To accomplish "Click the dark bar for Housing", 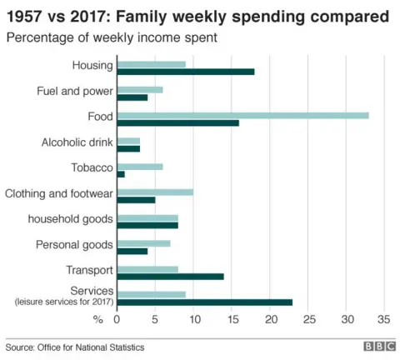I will [x=186, y=72].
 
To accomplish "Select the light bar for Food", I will [x=242, y=115].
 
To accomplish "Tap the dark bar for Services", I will [x=205, y=302].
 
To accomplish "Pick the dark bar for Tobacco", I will [x=121, y=174].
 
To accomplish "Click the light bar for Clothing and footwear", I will [x=155, y=192].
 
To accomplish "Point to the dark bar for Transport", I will [x=170, y=276].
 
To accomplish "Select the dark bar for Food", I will [x=177, y=123].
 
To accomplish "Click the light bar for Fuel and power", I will [x=140, y=89].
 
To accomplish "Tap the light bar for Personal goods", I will [x=143, y=243].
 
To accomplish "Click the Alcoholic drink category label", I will [x=77, y=142].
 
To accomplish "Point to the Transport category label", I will [x=89, y=271].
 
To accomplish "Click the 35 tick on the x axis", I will [x=384, y=319].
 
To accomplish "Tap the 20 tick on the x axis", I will [x=270, y=319].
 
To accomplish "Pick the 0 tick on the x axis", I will [x=117, y=319].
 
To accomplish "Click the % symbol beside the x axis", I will [x=97, y=319].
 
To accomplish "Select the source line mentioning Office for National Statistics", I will [x=75, y=347].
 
